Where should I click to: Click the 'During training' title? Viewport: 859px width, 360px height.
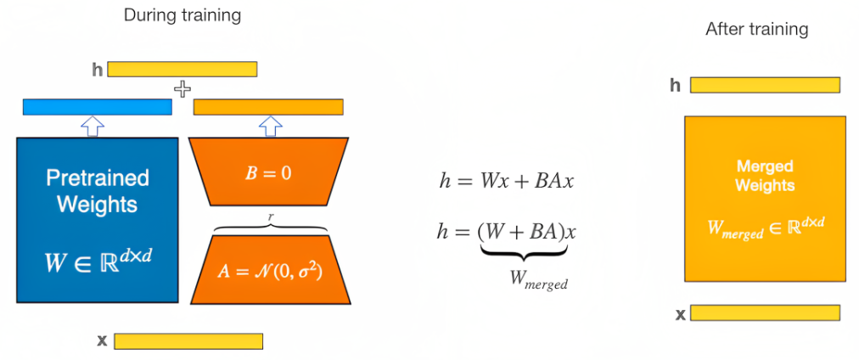(x=182, y=14)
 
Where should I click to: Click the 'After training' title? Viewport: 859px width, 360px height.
(x=756, y=29)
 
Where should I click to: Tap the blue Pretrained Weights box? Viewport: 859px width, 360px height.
(x=97, y=219)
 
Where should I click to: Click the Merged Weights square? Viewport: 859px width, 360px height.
(x=765, y=198)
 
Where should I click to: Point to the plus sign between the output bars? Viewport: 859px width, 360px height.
(x=182, y=88)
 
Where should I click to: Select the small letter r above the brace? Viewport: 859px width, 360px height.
(x=271, y=217)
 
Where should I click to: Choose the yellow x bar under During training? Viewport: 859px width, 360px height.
(x=188, y=341)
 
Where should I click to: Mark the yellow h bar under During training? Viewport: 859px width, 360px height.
(x=182, y=69)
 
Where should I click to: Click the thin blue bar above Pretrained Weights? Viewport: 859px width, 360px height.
(x=97, y=107)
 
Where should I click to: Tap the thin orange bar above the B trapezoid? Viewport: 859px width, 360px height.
(x=268, y=107)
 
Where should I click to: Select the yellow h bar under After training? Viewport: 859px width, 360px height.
(x=765, y=85)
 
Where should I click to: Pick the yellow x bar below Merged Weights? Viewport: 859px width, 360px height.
(x=765, y=313)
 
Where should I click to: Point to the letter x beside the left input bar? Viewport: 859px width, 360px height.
(x=102, y=340)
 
